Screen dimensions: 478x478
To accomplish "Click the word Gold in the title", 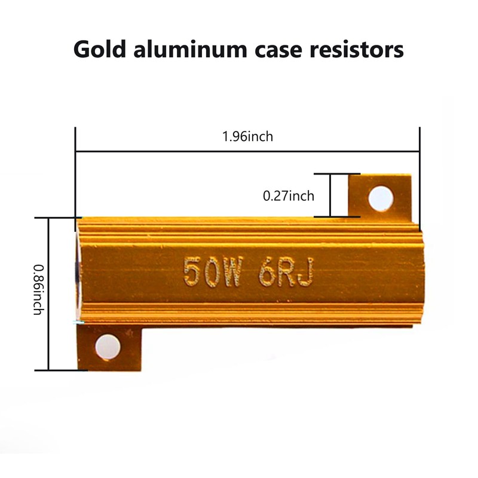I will (x=102, y=50).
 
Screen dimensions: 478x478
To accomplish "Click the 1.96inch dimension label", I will (x=247, y=136).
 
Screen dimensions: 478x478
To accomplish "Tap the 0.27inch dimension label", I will (x=289, y=195).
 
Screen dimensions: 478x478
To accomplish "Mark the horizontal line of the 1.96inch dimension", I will (x=247, y=151).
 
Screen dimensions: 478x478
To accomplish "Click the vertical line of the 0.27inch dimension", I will (x=330, y=195).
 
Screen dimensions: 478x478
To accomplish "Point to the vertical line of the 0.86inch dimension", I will (x=48, y=293).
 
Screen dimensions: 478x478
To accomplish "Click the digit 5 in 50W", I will (x=191, y=272).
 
